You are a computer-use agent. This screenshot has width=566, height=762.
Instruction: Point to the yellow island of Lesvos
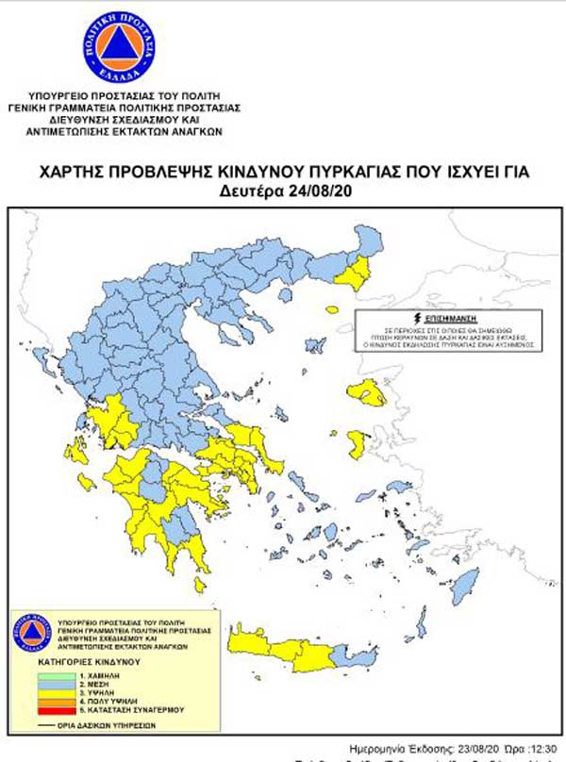click(365, 390)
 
